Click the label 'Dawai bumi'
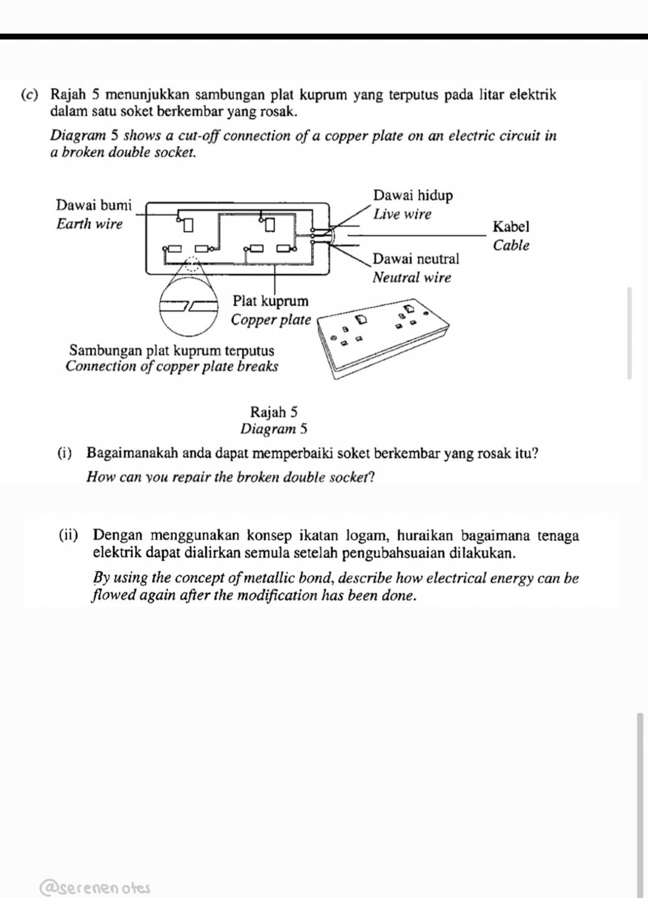94,205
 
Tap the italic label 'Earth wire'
90,224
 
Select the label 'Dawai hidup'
413,195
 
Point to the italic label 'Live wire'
402,214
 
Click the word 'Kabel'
511,226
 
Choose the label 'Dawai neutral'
416,259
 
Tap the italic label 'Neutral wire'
412,278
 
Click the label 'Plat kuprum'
270,301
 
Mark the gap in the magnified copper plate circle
189,306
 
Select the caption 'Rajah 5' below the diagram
274,411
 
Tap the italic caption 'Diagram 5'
274,429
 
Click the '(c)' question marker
29,94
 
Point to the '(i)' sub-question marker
64,453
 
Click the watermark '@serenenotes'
95,887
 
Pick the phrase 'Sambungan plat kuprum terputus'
171,351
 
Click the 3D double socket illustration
383,336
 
